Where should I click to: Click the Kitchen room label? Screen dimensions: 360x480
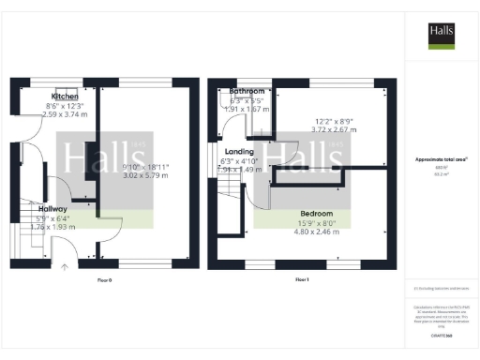point(65,97)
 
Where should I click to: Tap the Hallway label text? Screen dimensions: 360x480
point(52,208)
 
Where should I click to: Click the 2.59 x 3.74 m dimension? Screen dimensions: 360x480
point(65,113)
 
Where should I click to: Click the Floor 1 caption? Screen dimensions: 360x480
point(302,280)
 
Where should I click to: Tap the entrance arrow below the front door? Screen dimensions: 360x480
point(65,267)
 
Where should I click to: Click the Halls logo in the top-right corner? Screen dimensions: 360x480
point(442,35)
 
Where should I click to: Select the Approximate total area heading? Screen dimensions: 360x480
point(441,160)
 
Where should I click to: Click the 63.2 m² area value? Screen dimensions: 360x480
point(441,174)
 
